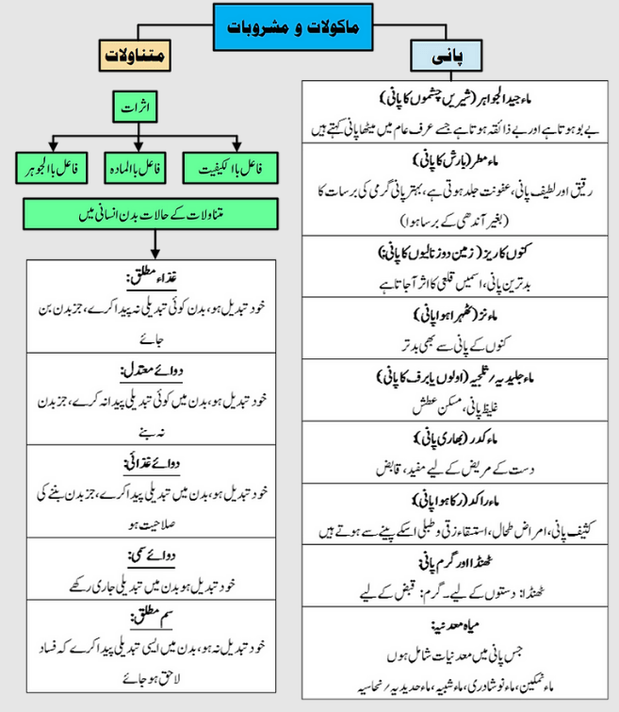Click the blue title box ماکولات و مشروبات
coord(307,25)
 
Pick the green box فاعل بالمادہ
coord(138,171)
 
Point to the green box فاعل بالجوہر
coord(52,171)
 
